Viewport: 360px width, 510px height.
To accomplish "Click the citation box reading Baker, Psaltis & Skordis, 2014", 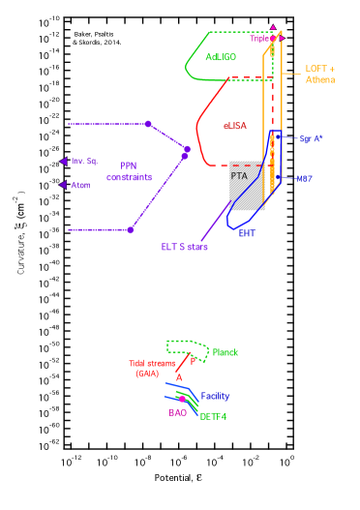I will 97,39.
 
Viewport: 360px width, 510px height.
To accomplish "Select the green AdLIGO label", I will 221,57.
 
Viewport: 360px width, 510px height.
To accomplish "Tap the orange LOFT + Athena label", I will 320,75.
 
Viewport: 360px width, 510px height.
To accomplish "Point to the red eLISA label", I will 236,126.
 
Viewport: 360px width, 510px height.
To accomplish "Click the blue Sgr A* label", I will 311,139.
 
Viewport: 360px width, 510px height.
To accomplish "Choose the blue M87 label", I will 305,179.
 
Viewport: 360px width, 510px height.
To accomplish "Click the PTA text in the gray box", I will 239,176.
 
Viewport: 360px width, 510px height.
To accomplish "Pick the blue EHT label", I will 247,233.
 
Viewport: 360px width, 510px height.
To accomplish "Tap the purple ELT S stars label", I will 184,247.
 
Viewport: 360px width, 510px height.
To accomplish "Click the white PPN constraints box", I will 129,171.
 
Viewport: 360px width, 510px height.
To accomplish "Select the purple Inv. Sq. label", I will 84,161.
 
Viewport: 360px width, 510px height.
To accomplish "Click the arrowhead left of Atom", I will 63,185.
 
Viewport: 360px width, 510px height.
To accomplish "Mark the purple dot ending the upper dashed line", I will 148,124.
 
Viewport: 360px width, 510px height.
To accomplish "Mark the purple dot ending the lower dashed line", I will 130,229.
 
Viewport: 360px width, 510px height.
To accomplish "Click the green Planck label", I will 225,352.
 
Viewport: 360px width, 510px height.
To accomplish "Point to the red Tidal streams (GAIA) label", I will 152,369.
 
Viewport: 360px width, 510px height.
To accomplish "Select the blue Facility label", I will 215,396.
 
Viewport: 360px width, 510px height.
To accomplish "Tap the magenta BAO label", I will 178,412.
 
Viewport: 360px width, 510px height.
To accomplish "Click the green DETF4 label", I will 213,416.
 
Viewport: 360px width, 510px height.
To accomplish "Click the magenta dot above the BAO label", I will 181,399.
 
